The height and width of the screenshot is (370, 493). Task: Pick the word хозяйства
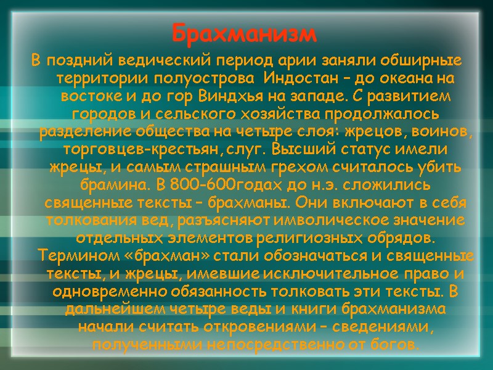point(275,114)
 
